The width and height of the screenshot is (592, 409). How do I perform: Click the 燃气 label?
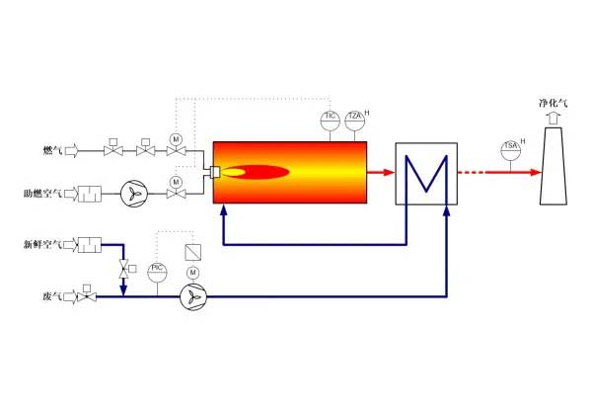52,151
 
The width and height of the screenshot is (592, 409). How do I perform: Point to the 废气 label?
52,295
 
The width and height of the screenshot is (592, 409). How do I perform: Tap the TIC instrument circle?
331,121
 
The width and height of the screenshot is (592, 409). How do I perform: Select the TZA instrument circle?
354,121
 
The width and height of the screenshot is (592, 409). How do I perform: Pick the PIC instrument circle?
157,270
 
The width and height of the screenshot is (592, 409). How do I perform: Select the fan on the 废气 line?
193,296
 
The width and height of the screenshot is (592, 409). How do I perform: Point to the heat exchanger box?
426,172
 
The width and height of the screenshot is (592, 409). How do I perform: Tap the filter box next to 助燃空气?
90,194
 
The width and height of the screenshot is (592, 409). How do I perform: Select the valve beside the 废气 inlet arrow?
89,295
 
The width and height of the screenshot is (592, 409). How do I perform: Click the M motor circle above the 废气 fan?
193,272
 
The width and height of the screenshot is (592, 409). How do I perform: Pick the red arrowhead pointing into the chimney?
536,172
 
